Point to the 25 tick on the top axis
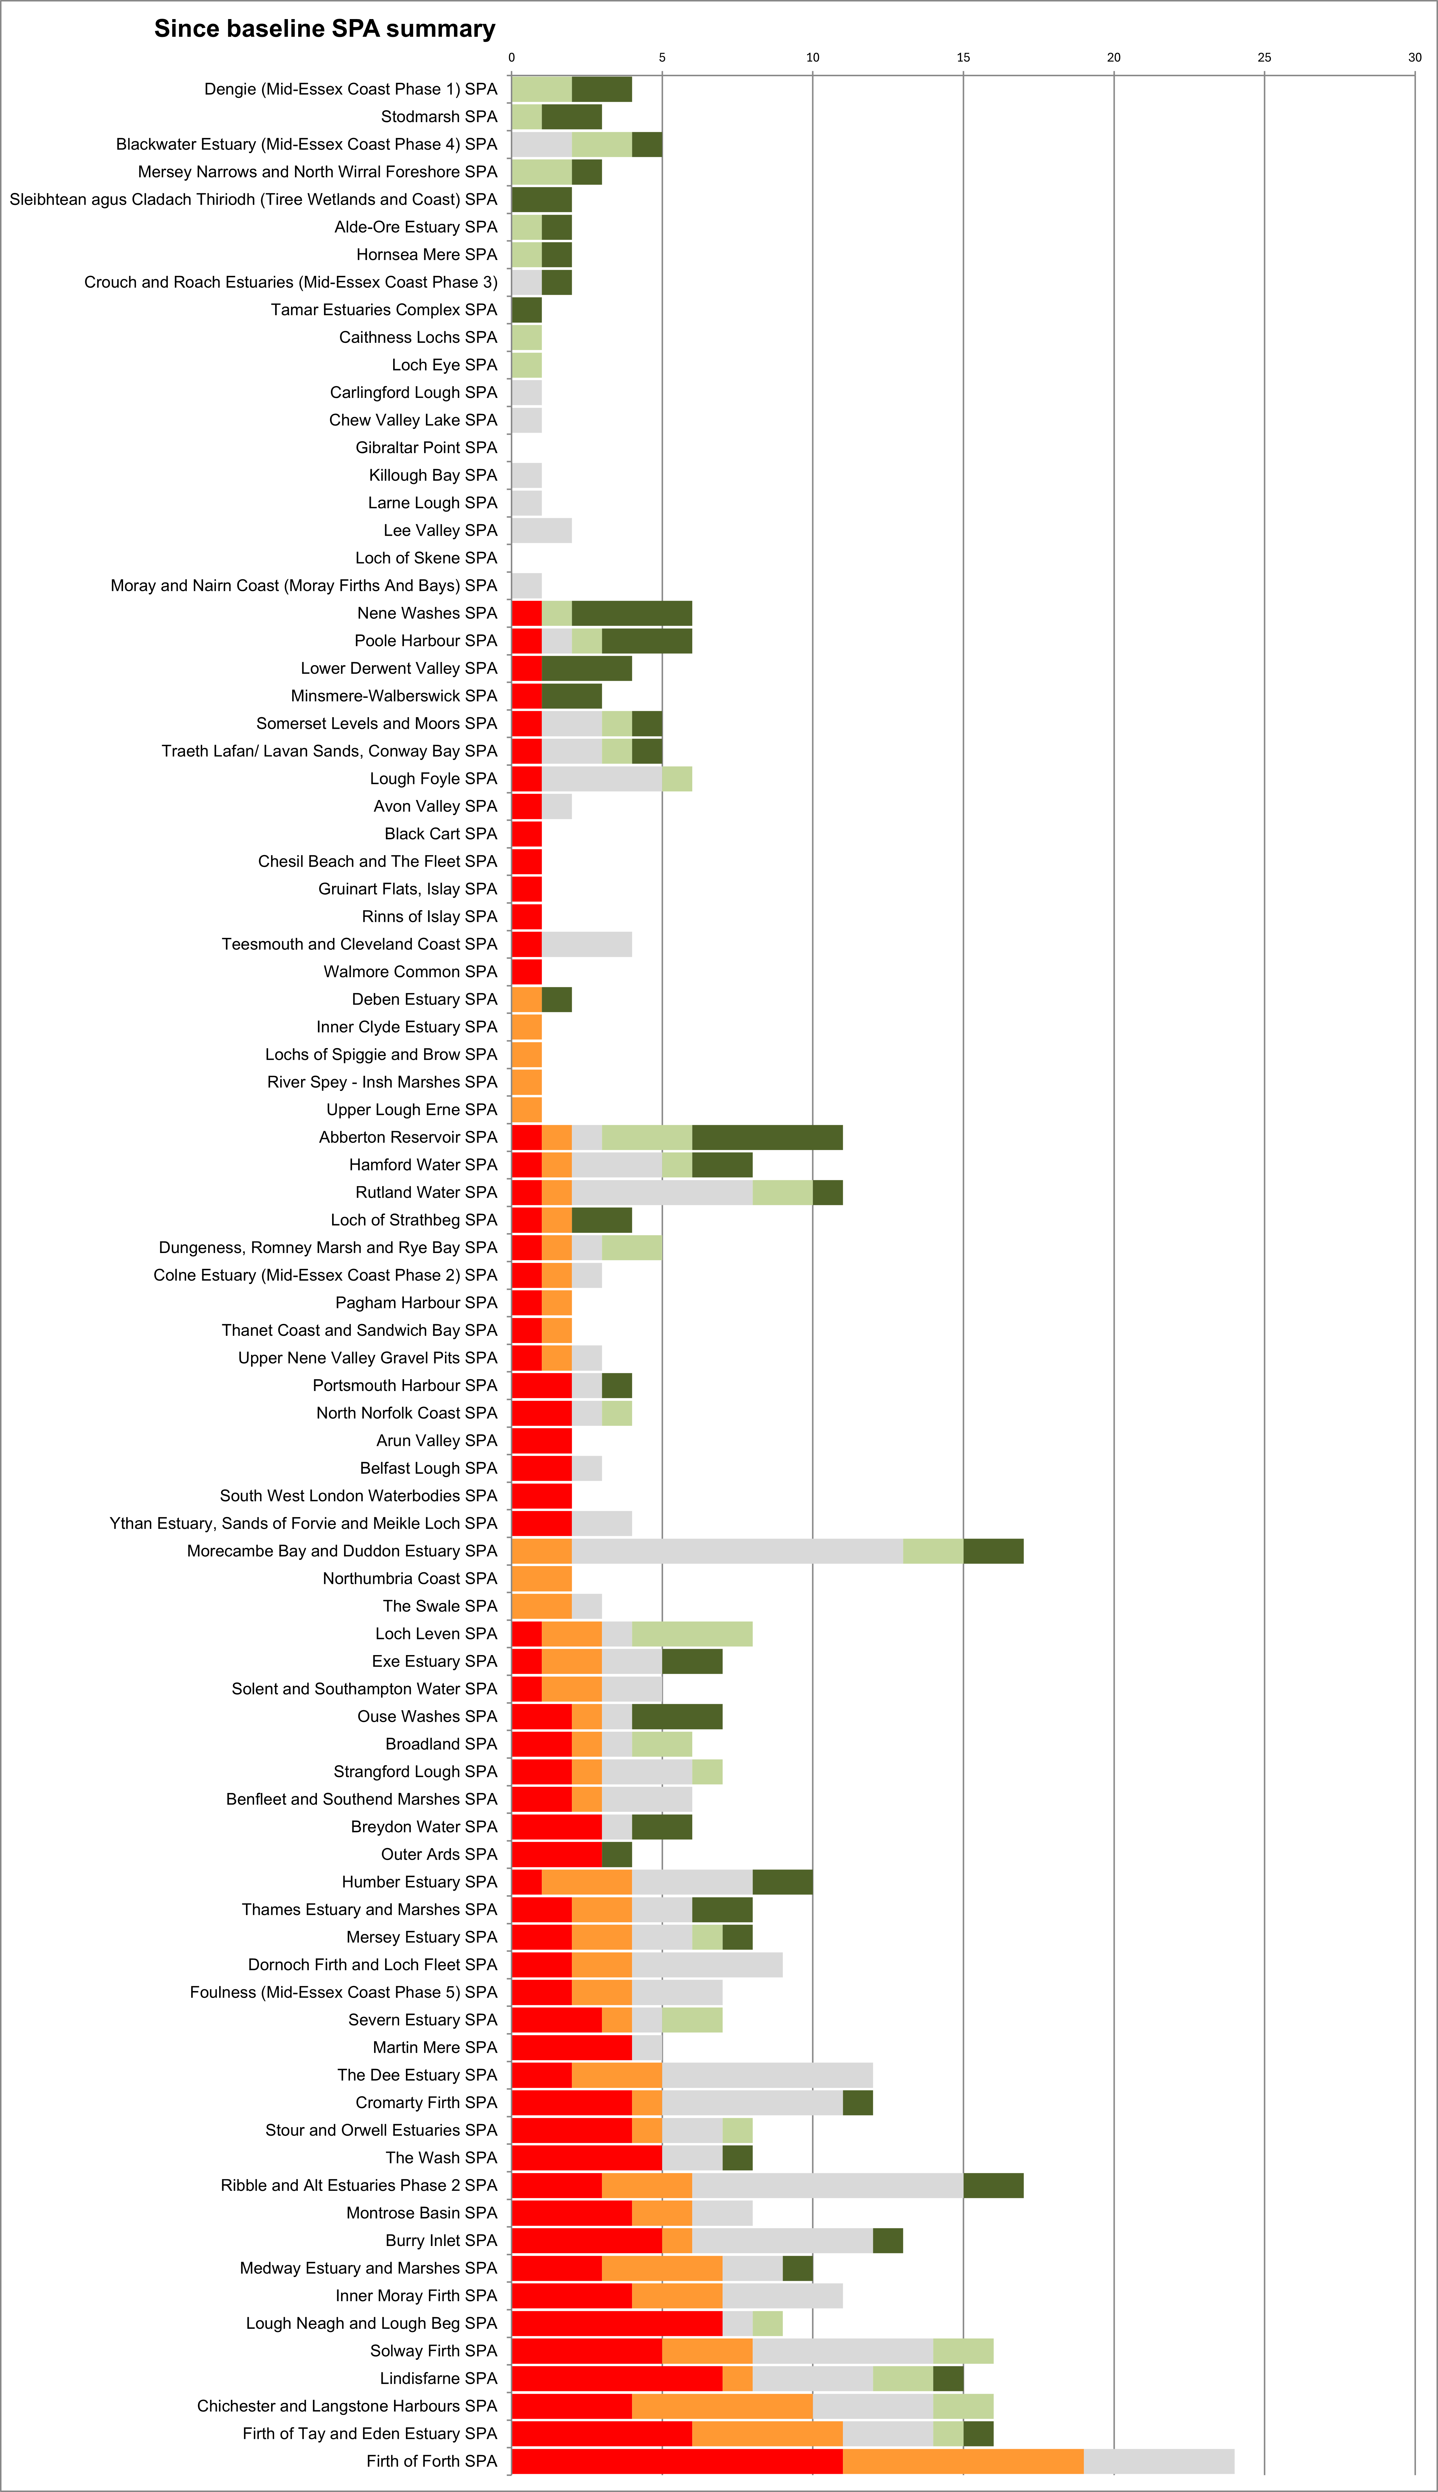1264,57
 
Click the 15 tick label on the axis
963,57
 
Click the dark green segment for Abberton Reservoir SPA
767,1137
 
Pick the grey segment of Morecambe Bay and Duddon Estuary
737,1551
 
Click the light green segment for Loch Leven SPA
692,1634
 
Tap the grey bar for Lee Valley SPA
541,530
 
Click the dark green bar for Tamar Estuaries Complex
526,310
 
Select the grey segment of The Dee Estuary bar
767,2075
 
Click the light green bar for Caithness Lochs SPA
526,338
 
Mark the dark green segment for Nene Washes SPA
632,613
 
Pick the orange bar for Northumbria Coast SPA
541,1579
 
